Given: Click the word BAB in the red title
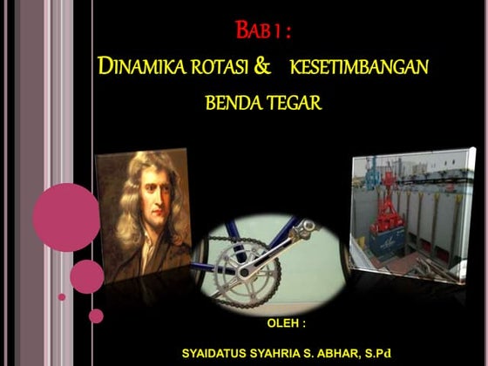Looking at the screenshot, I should pos(253,32).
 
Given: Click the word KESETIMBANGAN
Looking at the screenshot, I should pos(359,66).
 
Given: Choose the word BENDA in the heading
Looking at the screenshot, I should pos(230,103).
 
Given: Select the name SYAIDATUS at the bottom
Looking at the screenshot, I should pos(213,354).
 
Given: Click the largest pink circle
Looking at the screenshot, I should pos(66,217).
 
